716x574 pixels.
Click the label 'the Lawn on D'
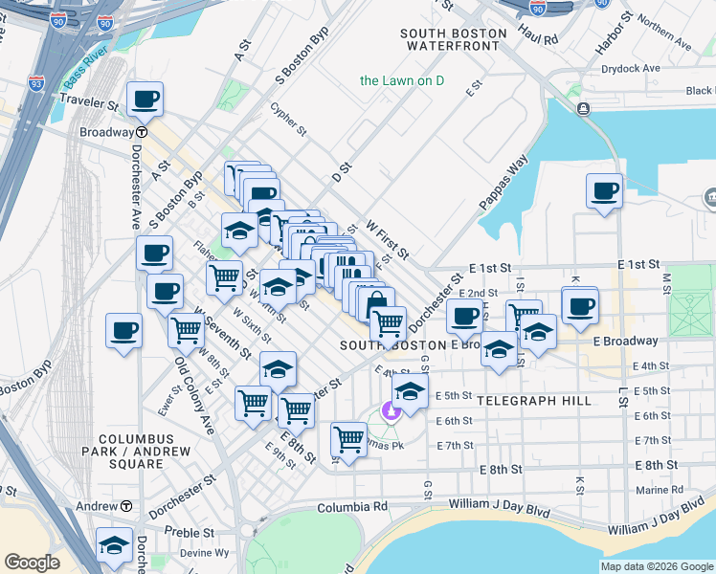pyautogui.click(x=403, y=80)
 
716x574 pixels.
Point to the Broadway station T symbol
pyautogui.click(x=141, y=132)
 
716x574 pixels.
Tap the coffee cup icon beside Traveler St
pyautogui.click(x=145, y=98)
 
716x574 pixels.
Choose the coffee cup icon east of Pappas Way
pyautogui.click(x=604, y=190)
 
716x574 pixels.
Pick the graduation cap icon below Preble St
pyautogui.click(x=114, y=545)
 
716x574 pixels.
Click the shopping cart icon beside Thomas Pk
pyautogui.click(x=348, y=440)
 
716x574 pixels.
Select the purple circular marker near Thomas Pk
pyautogui.click(x=390, y=411)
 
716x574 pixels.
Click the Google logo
pyautogui.click(x=33, y=563)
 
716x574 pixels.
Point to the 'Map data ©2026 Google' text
pyautogui.click(x=656, y=566)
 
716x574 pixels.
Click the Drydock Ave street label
pyautogui.click(x=631, y=69)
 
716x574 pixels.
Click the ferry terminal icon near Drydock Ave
pyautogui.click(x=583, y=109)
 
